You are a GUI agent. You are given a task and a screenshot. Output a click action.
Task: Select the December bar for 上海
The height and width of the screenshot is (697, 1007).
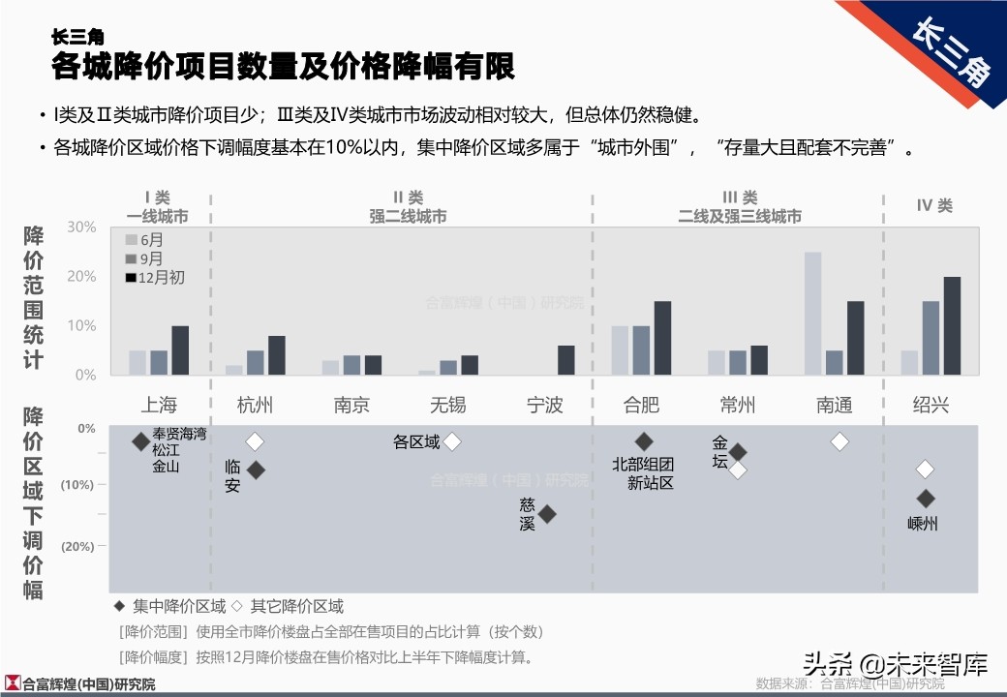tap(180, 350)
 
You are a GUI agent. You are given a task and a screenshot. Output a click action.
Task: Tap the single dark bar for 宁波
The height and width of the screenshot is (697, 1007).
tap(565, 360)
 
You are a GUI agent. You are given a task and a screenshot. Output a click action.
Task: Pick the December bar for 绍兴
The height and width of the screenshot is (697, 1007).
tap(952, 326)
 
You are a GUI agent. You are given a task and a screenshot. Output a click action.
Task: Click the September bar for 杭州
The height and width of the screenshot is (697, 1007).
tap(256, 363)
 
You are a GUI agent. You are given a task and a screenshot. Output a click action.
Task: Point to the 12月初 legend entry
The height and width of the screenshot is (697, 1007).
tap(154, 278)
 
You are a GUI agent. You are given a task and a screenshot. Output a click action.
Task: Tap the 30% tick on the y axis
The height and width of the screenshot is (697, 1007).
tap(82, 227)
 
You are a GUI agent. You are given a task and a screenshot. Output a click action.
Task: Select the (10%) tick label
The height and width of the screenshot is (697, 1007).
tap(78, 485)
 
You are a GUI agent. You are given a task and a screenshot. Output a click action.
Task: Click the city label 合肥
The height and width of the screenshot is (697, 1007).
tap(641, 405)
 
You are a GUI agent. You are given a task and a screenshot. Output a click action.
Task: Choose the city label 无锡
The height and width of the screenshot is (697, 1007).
tap(448, 405)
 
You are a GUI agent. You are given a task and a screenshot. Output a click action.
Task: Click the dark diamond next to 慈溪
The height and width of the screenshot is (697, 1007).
tap(547, 514)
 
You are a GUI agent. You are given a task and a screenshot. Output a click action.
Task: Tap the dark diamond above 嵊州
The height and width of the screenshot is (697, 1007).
tap(926, 499)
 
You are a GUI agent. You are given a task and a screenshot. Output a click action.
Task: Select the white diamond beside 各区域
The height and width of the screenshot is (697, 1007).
tap(451, 441)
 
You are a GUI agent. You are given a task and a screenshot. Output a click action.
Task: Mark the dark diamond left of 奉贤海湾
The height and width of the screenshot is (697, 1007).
tap(141, 441)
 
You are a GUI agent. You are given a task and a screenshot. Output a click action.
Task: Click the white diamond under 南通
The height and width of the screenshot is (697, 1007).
tap(839, 441)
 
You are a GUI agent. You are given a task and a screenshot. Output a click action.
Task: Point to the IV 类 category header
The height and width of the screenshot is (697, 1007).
tap(934, 205)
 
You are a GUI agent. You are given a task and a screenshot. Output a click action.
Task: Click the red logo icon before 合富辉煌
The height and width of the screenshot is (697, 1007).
tap(13, 683)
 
